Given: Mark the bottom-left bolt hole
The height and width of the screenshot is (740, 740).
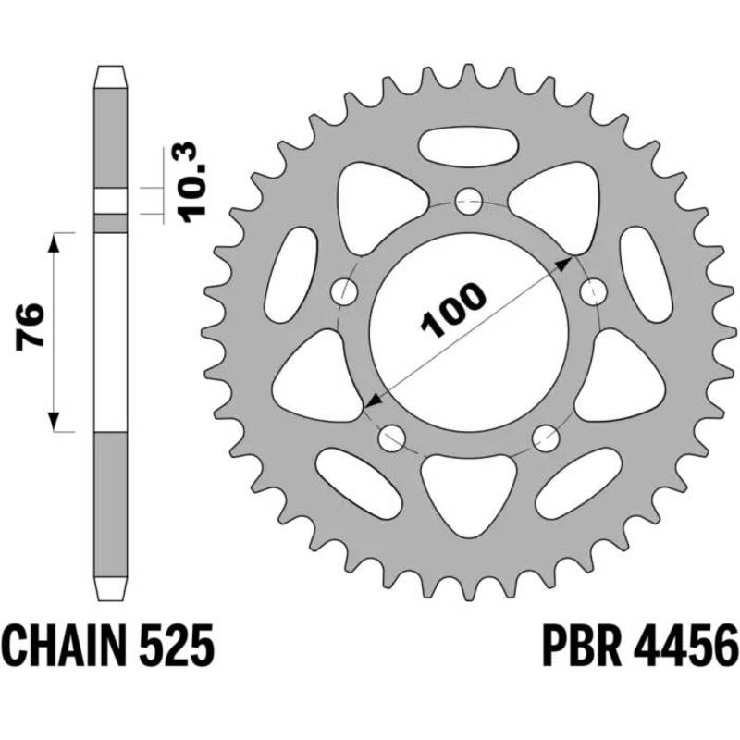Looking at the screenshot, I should point(391,436).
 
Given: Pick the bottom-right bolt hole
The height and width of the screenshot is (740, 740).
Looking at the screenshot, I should point(546,436).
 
